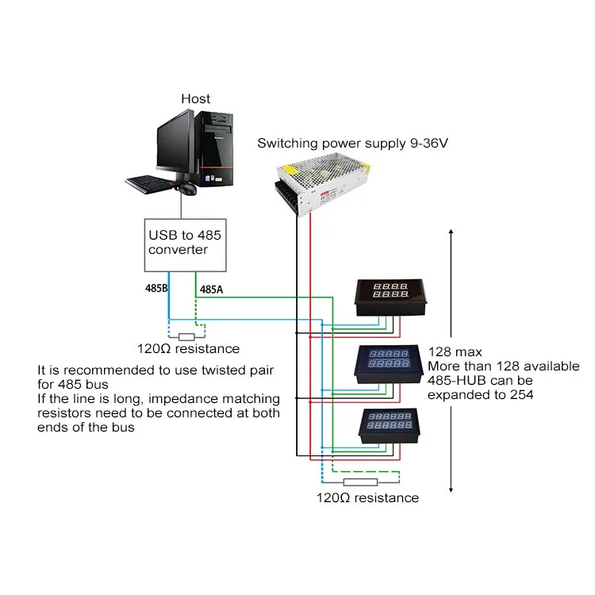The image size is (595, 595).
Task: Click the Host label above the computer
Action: (x=195, y=98)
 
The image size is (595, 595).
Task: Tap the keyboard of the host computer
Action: (x=150, y=184)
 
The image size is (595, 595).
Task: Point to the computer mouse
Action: (x=188, y=189)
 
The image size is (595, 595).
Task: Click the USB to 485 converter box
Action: (x=185, y=243)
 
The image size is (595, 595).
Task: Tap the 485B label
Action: (x=155, y=290)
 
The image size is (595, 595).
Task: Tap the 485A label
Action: (x=211, y=290)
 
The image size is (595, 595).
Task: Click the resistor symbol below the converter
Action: (x=187, y=336)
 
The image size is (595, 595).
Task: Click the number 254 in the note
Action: (x=521, y=395)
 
